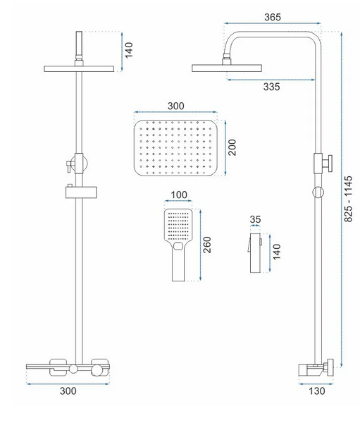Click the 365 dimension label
coord(273,17)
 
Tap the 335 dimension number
coord(271,87)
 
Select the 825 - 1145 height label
coord(348,199)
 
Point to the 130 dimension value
coord(316,391)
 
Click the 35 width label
coord(255,219)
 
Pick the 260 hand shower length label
coord(207,245)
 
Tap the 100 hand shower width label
coord(179,195)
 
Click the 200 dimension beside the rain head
coord(232,147)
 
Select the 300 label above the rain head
coord(176,106)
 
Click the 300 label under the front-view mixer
coord(68,391)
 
